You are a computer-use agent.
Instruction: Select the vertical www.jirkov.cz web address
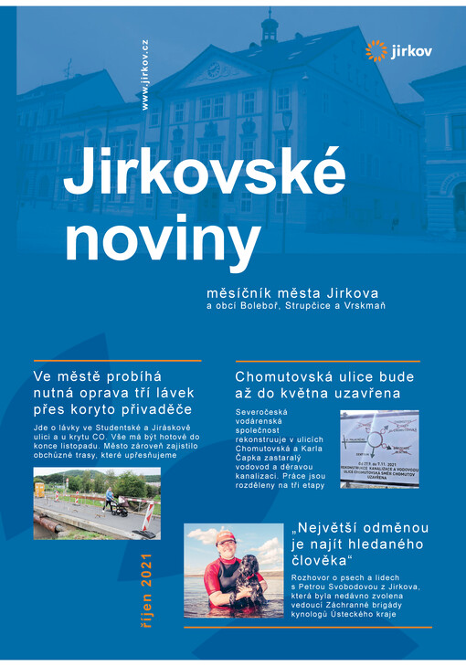145,75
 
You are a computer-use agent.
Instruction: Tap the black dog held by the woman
248,582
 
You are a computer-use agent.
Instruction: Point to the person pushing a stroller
110,498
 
